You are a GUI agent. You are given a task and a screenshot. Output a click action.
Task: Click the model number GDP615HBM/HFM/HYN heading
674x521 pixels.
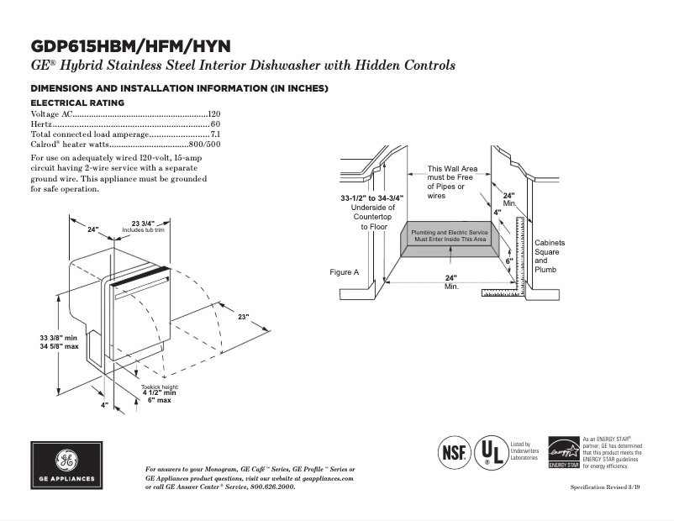tap(130, 45)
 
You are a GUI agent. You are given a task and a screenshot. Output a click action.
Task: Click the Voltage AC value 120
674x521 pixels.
tap(214, 113)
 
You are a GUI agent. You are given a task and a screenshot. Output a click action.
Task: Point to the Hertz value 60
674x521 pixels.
tap(216, 124)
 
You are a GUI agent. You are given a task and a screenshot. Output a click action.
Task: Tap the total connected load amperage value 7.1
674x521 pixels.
tap(215, 134)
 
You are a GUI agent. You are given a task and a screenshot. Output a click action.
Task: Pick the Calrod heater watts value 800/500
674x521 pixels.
tap(204, 144)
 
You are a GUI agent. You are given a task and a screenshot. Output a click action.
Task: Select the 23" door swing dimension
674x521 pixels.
tap(243, 317)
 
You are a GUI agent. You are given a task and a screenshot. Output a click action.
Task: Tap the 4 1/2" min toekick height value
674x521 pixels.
tap(159, 392)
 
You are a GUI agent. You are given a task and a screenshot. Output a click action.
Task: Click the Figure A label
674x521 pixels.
tap(344, 272)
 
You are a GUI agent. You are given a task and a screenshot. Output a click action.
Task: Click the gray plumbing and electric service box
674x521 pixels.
tap(449, 236)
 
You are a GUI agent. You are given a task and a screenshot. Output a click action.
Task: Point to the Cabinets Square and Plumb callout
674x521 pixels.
tap(550, 255)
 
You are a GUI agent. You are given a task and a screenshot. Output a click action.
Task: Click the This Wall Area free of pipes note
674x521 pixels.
tap(451, 182)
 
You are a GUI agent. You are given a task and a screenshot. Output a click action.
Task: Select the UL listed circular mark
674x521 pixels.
tap(490, 452)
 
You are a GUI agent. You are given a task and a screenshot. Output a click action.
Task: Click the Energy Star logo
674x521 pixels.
tap(562, 452)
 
